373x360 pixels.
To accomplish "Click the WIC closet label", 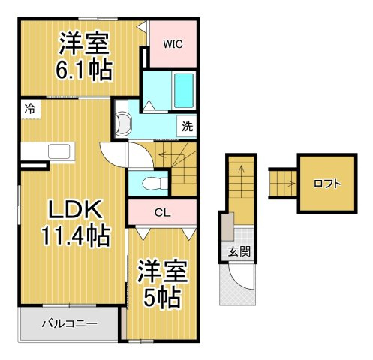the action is [173, 44].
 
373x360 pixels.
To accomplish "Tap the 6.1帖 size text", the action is [84, 69].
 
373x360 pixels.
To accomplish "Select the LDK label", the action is [76, 209].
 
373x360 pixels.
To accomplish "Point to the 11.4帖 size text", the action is [76, 235].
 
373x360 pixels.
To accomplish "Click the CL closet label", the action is [163, 213].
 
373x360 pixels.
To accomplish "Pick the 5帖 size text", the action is [162, 298].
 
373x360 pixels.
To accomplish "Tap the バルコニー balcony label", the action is [69, 324].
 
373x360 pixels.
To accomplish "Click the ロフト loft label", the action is [327, 184].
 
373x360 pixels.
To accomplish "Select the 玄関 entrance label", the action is [239, 251].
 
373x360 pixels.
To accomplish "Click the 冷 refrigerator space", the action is [31, 109].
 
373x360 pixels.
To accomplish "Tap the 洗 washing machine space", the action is [187, 127].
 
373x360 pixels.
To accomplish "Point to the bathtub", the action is [184, 91].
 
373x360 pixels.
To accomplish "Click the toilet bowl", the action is [155, 184].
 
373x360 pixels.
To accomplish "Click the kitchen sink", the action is [59, 151].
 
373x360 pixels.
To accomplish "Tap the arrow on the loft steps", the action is [291, 184].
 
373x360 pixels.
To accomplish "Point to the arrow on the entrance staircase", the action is [242, 181].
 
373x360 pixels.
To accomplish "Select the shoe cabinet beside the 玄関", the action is [227, 226].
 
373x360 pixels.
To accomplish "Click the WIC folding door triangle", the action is [142, 26].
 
